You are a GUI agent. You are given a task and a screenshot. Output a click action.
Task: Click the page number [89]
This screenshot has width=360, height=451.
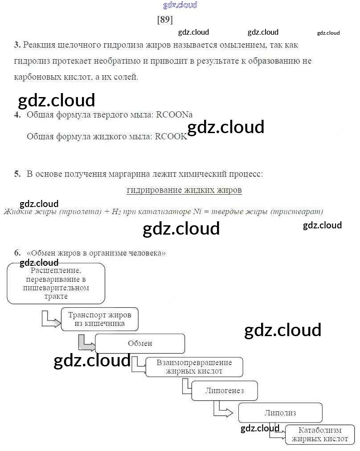pos(165,20)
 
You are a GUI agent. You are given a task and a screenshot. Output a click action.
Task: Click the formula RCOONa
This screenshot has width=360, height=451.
pos(174,114)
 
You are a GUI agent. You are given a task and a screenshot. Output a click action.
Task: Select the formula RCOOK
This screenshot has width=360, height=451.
pos(171,137)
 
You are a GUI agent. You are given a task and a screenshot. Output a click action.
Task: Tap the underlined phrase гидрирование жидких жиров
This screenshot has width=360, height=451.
pos(184,190)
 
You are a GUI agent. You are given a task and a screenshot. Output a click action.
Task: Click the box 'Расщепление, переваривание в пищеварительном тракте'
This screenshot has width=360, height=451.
pos(56,283)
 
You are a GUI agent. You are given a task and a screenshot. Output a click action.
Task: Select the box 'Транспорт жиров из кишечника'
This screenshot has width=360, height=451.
pos(99,319)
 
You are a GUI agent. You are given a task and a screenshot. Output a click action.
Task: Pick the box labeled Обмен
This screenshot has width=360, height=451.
pos(140,343)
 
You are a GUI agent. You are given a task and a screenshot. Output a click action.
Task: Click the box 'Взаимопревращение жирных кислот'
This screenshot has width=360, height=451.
pos(194,367)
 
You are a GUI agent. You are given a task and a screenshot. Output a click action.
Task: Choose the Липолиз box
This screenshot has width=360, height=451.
pos(280,413)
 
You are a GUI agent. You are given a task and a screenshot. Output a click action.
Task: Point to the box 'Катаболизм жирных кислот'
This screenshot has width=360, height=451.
pos(320,435)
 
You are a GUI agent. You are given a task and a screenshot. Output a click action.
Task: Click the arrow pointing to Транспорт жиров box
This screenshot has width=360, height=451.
pos(50,319)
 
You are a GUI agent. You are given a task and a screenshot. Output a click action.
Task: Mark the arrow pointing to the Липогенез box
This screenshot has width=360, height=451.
pos(187,388)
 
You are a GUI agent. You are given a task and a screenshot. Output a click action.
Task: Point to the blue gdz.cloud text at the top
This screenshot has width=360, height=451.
pos(180,5)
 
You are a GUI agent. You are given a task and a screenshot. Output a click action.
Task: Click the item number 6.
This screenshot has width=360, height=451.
pos(17,252)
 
